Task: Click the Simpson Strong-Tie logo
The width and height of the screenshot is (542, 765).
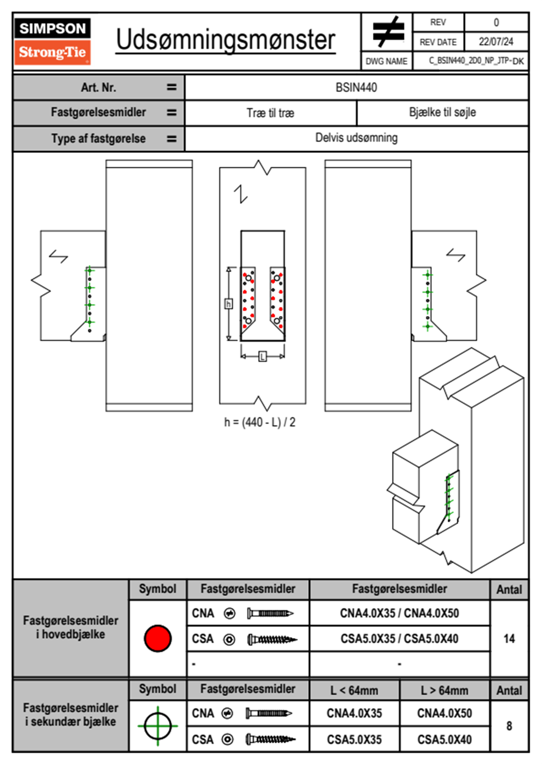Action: click(52, 41)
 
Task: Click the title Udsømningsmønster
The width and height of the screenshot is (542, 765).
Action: click(225, 40)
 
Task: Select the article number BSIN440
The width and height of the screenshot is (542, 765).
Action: click(356, 87)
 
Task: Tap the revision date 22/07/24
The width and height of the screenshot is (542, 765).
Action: click(496, 41)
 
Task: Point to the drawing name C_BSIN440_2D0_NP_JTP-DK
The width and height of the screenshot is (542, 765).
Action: click(476, 61)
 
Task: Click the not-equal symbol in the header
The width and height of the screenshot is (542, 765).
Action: click(388, 32)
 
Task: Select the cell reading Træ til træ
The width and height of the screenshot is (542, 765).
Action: click(270, 113)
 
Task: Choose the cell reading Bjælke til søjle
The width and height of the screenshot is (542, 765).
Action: click(442, 112)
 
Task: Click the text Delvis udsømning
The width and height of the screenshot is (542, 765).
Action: click(356, 138)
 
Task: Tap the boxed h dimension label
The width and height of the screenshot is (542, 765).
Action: click(229, 303)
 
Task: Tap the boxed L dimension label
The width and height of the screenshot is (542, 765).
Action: click(262, 357)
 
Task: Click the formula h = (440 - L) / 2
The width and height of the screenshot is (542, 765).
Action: click(260, 423)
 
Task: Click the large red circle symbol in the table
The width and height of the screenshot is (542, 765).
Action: click(158, 638)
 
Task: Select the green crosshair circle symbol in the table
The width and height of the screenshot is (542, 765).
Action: click(158, 726)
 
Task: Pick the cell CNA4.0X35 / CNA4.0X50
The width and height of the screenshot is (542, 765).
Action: click(399, 613)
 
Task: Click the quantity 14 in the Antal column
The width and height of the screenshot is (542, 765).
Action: click(509, 639)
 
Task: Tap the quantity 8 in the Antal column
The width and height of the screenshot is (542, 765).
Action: click(509, 726)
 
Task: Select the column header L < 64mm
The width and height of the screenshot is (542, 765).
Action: click(354, 690)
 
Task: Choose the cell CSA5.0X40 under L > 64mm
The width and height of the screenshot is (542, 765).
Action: click(444, 740)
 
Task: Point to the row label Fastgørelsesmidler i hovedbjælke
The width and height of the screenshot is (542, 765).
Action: click(71, 627)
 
